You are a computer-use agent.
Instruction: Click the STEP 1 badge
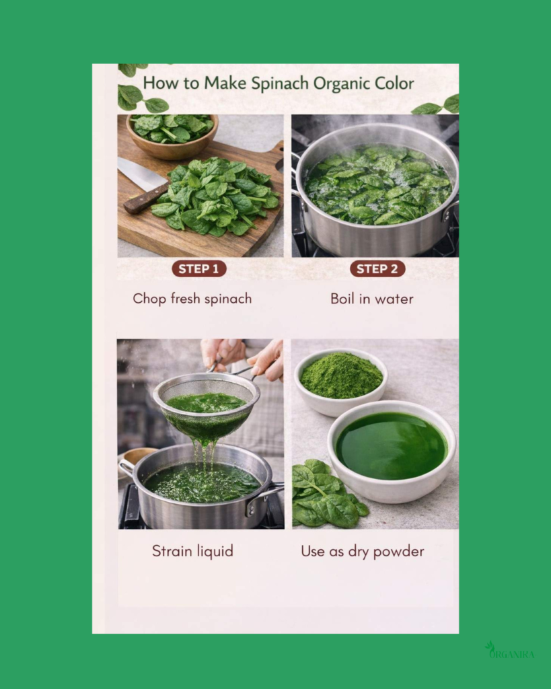pyautogui.click(x=199, y=269)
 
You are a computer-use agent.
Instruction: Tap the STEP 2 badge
pyautogui.click(x=377, y=269)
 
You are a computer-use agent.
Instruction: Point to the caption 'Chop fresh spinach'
pyautogui.click(x=192, y=299)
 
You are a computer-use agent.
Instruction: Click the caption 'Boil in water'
pyautogui.click(x=372, y=299)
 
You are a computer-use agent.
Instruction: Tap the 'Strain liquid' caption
pyautogui.click(x=192, y=551)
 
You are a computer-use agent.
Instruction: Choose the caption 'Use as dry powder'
pyautogui.click(x=363, y=552)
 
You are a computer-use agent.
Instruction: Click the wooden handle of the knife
pyautogui.click(x=145, y=199)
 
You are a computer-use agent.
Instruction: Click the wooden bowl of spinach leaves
pyautogui.click(x=172, y=136)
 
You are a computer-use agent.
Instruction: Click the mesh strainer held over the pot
pyautogui.click(x=207, y=404)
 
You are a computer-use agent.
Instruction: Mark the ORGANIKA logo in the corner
pyautogui.click(x=510, y=651)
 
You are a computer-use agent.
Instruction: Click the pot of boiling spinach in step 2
pyautogui.click(x=375, y=191)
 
